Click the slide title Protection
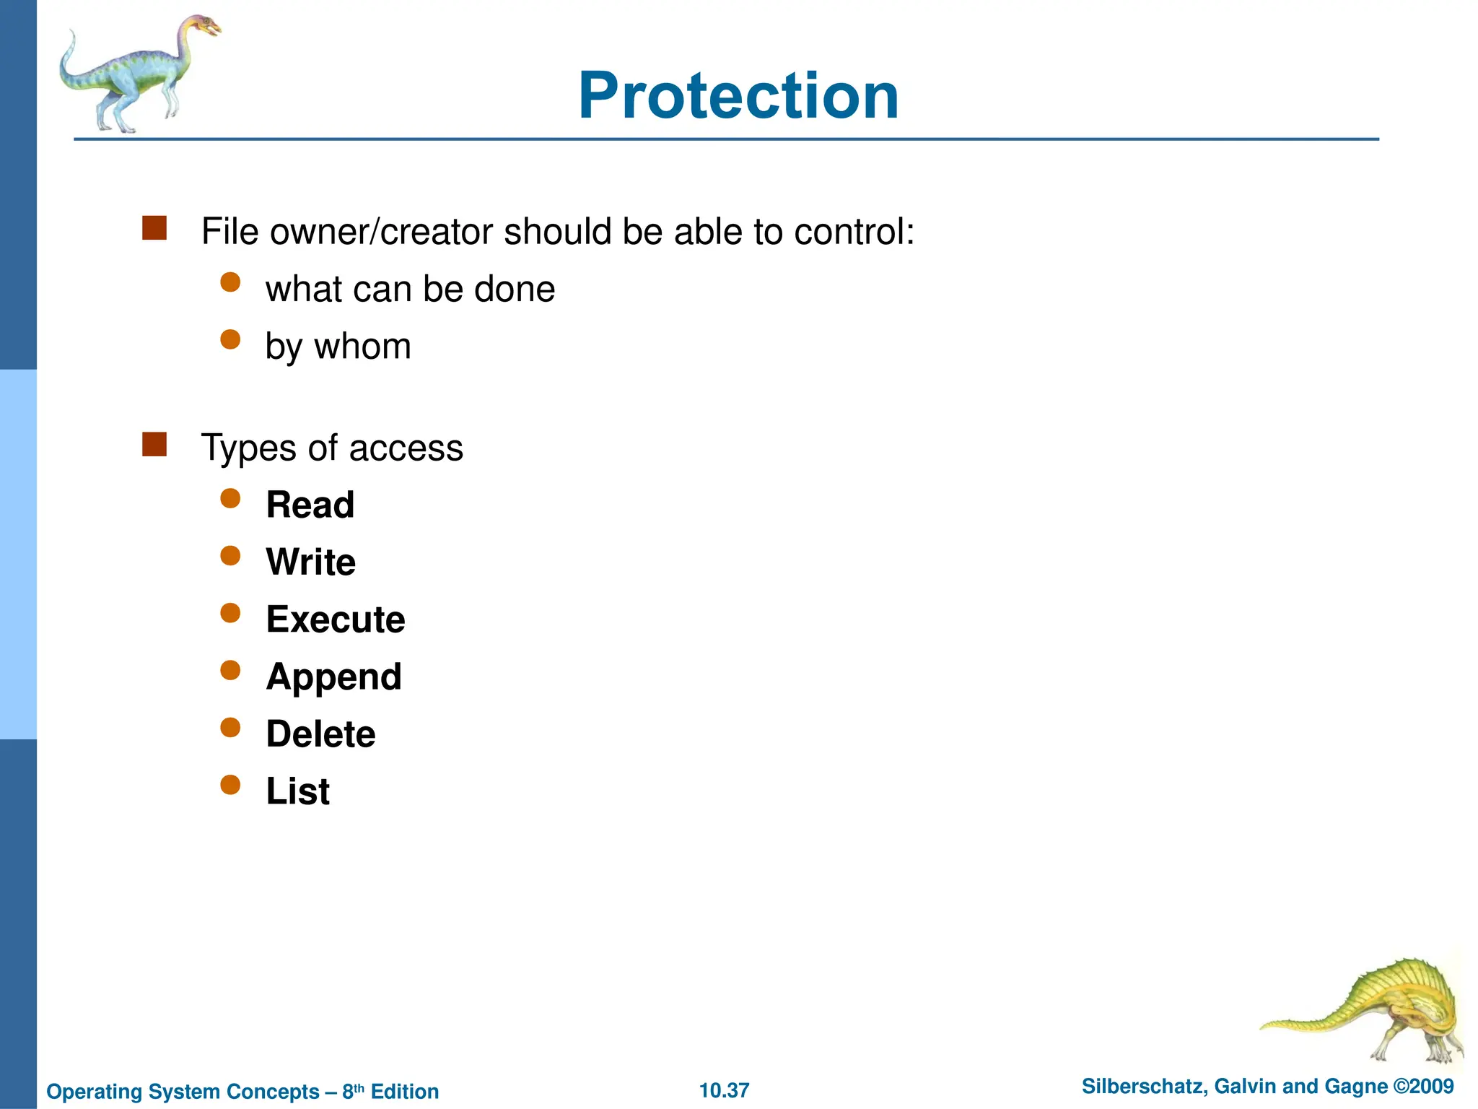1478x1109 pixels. pos(738,96)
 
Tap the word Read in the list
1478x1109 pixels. pos(310,505)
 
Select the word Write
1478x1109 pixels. pos(311,562)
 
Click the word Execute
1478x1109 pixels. pos(336,619)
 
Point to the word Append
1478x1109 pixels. pos(333,677)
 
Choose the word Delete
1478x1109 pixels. pos(320,734)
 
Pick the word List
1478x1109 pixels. pos(297,791)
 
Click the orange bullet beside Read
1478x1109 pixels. pos(230,498)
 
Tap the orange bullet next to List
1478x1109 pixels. pos(230,785)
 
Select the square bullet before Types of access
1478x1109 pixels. pos(154,445)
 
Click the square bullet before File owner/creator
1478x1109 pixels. pos(154,228)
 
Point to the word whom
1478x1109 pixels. pos(362,347)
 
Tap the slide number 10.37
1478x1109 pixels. pos(724,1090)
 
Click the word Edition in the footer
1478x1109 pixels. pos(404,1092)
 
